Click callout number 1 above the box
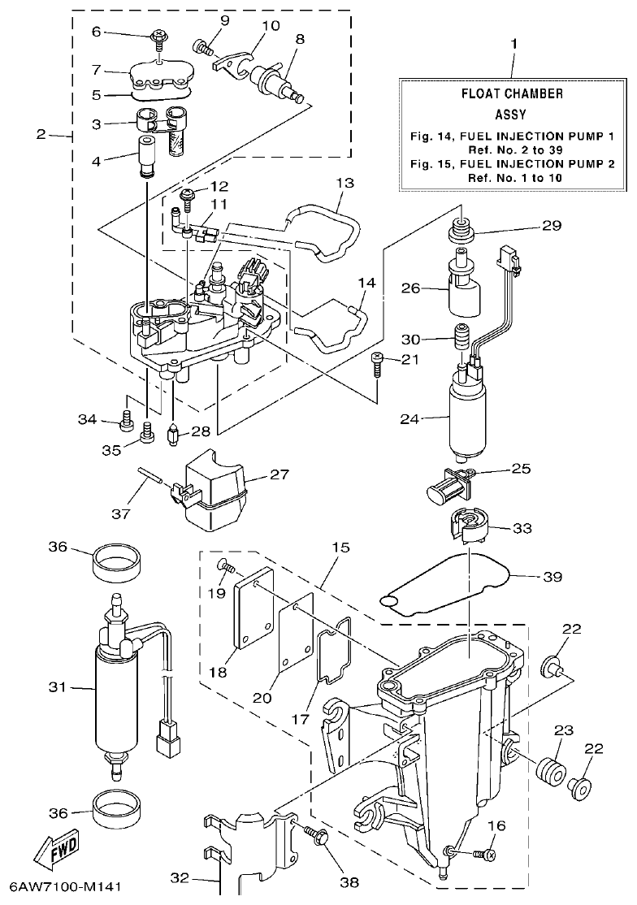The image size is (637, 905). click(513, 42)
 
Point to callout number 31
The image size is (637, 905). click(56, 687)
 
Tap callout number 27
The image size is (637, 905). click(279, 474)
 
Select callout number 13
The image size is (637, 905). click(344, 184)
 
